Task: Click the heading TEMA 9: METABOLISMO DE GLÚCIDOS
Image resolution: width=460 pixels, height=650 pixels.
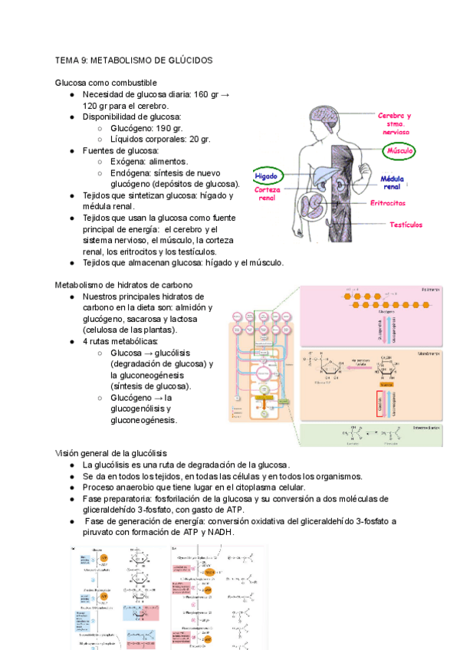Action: pyautogui.click(x=134, y=60)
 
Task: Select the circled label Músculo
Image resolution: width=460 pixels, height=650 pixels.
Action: pyautogui.click(x=399, y=152)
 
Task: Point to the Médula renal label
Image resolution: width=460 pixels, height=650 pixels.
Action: pyautogui.click(x=392, y=182)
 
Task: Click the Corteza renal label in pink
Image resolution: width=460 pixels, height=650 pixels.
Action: pyautogui.click(x=268, y=194)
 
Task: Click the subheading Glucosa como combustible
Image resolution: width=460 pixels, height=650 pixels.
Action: pyautogui.click(x=106, y=82)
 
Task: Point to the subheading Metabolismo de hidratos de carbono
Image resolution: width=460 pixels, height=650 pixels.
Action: pyautogui.click(x=123, y=285)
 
